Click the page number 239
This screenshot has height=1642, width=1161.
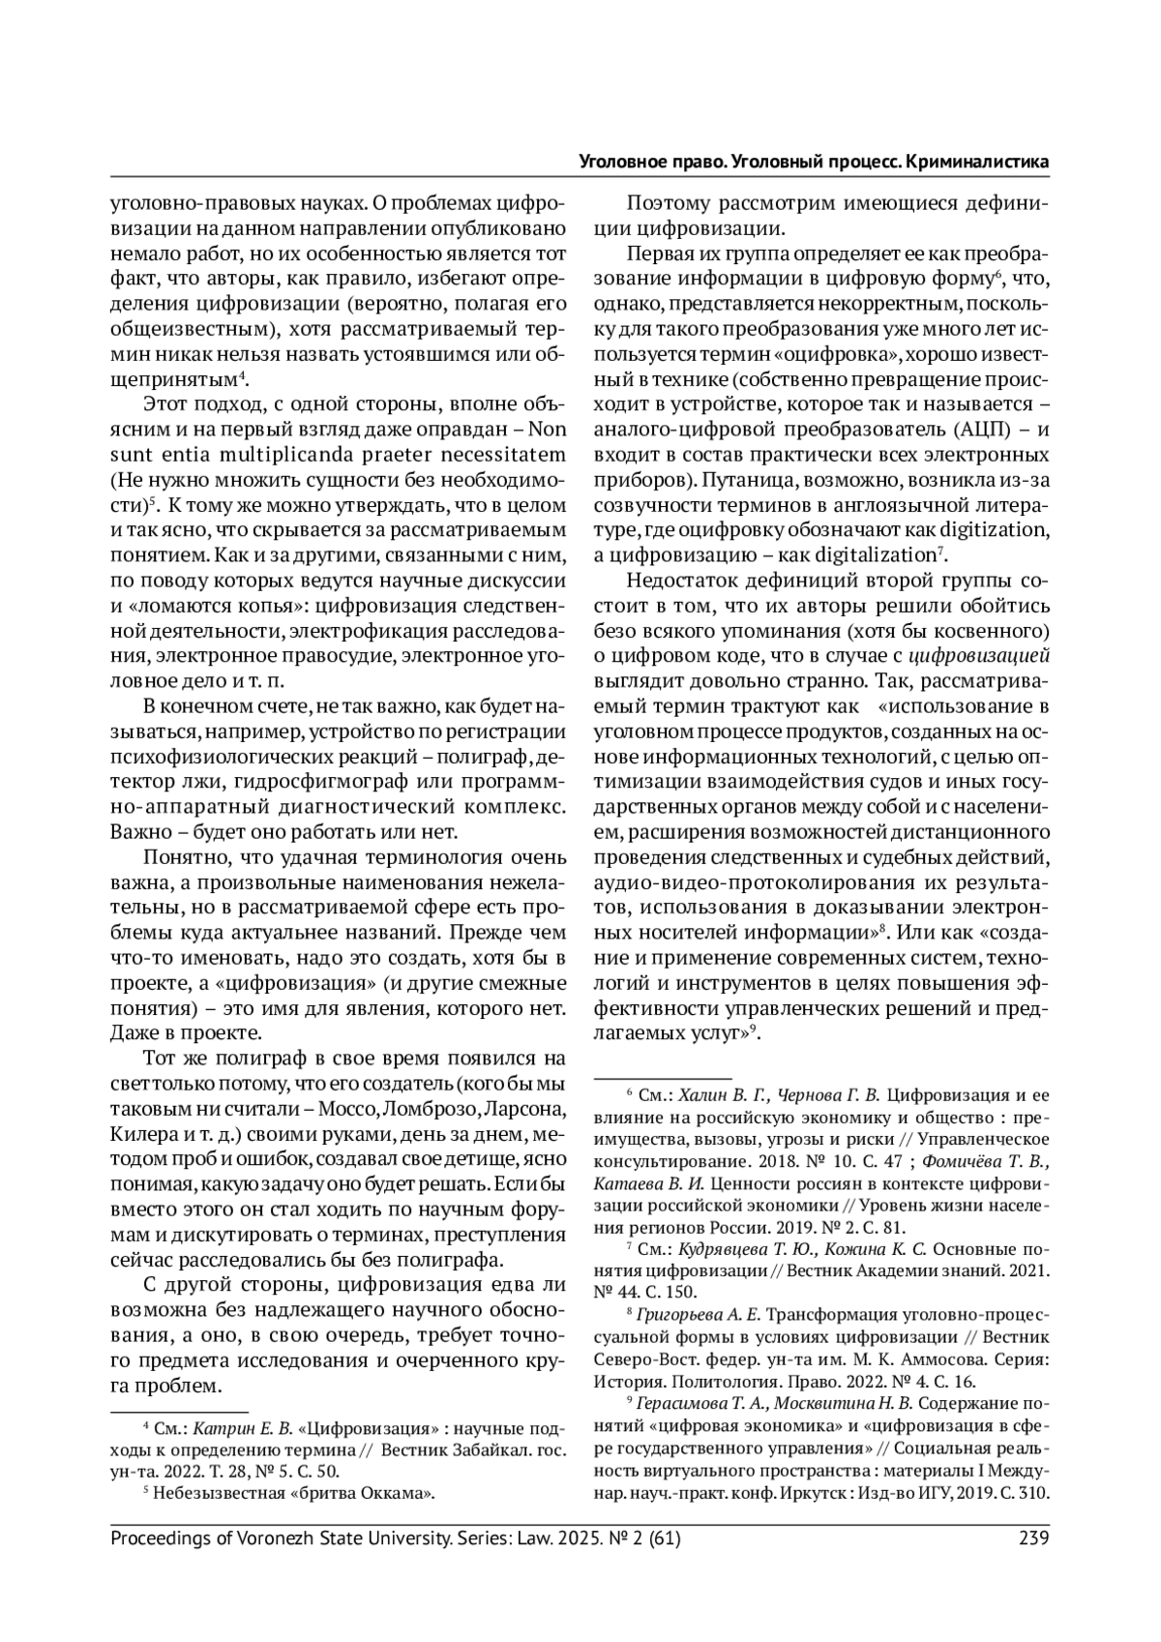(1034, 1538)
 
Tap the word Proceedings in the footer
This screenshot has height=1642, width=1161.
(161, 1538)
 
